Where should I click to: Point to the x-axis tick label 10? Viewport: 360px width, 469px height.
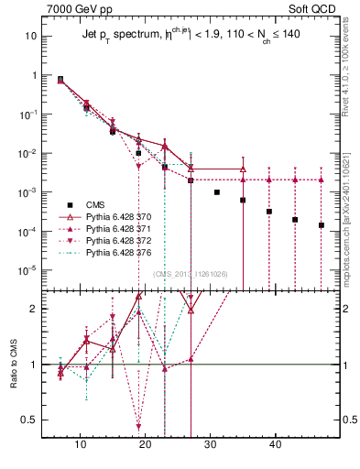[81, 444]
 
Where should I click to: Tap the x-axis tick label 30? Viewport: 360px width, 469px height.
[210, 444]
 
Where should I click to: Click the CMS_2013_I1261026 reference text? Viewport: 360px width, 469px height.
[190, 274]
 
